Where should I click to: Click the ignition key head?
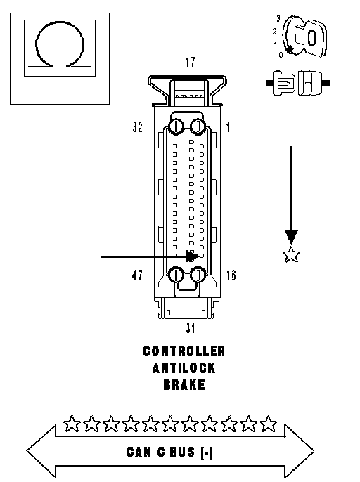coord(311,38)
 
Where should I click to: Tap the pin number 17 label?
coord(190,62)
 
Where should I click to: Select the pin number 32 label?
coord(138,127)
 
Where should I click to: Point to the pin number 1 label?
coord(228,127)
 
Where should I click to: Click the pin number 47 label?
coord(137,275)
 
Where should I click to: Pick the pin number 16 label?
coord(231,275)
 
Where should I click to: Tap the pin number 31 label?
coord(191,328)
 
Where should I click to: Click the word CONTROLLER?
coord(184,351)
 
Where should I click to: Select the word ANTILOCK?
coord(184,368)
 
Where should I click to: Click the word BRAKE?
coord(184,384)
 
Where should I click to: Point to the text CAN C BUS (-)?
coord(169,452)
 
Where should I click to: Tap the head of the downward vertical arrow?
coord(291,237)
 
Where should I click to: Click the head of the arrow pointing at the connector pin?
coord(193,256)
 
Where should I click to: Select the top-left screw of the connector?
coord(176,126)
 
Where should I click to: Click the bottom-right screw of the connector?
coord(198,275)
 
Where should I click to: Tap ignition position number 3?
coord(278,18)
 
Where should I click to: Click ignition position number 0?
coord(281,55)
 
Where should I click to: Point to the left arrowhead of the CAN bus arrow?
coord(41,451)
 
